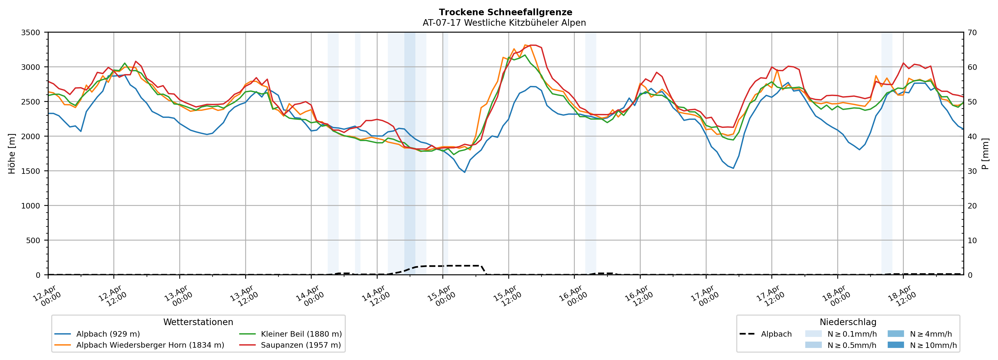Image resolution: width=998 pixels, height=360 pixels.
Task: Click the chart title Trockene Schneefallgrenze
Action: click(505, 12)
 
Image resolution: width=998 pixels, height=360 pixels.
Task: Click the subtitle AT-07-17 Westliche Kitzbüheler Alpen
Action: click(504, 23)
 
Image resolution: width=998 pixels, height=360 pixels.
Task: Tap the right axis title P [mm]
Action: click(985, 154)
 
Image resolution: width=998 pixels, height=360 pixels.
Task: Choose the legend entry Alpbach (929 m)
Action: click(108, 334)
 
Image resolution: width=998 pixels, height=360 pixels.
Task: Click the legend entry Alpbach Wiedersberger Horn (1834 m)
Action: click(150, 345)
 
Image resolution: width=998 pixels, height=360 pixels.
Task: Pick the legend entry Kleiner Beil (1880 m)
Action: click(301, 334)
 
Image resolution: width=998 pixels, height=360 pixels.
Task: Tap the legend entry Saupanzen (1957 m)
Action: click(301, 345)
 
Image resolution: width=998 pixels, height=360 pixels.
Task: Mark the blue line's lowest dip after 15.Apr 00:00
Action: click(464, 172)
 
